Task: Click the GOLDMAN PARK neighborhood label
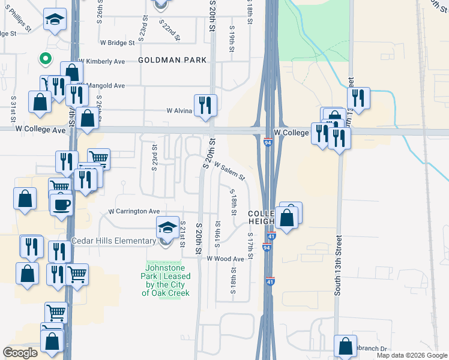pyautogui.click(x=172, y=61)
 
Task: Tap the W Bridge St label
pyautogui.click(x=117, y=43)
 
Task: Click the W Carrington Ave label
pyautogui.click(x=134, y=211)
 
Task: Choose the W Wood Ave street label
pyautogui.click(x=226, y=259)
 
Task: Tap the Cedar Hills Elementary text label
pyautogui.click(x=113, y=241)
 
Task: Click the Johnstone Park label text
pyautogui.click(x=166, y=280)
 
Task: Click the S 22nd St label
pyautogui.click(x=170, y=29)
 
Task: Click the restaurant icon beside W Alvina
pyautogui.click(x=205, y=105)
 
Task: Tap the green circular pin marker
pyautogui.click(x=44, y=59)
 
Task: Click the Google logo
pyautogui.click(x=20, y=353)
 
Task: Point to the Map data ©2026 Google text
pyautogui.click(x=411, y=355)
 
